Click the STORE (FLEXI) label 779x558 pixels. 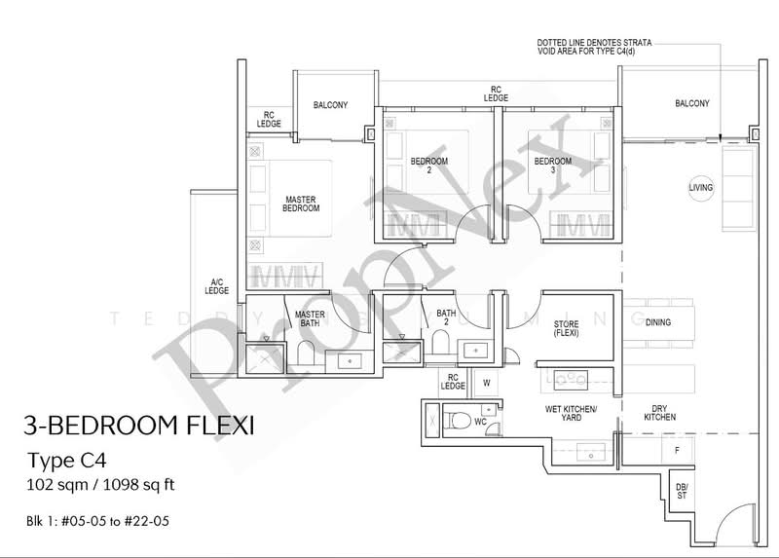567,328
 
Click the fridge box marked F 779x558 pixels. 677,451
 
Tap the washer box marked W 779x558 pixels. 486,383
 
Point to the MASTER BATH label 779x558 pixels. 310,319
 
